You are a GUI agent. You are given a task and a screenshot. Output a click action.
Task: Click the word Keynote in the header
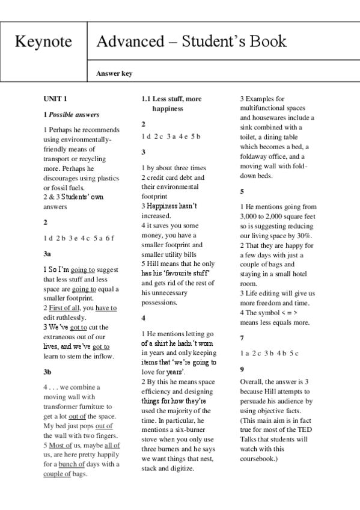[x=43, y=41]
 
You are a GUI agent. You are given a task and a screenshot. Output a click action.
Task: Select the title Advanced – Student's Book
[x=191, y=41]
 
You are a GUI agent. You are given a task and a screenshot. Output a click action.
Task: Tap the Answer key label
[x=114, y=74]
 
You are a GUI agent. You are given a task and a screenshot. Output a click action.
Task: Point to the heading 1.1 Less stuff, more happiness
[x=171, y=103]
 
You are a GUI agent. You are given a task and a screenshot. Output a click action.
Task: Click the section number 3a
[x=47, y=254]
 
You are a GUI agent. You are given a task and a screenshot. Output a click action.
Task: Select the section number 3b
[x=47, y=372]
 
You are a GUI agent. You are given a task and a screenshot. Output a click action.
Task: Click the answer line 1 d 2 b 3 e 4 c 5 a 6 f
[x=78, y=238]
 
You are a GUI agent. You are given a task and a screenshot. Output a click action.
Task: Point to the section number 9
[x=242, y=369]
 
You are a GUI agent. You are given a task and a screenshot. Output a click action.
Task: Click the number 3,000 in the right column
[x=252, y=216]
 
